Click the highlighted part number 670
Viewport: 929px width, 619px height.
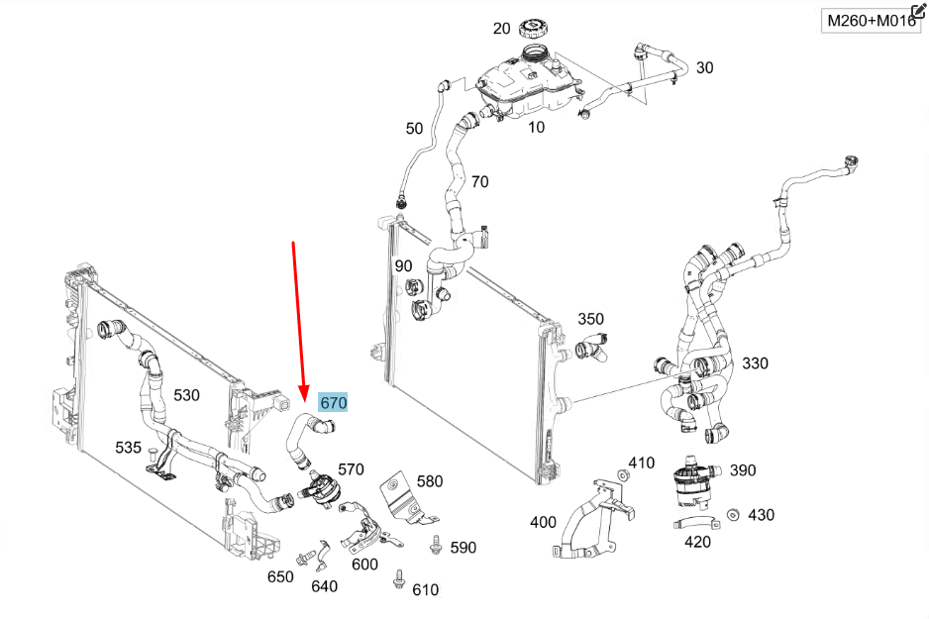tap(333, 403)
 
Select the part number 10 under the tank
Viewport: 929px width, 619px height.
tap(536, 128)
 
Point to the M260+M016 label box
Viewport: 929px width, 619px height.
tap(872, 21)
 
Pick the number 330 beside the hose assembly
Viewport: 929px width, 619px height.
tap(755, 363)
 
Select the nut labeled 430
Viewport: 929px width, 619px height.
tap(732, 515)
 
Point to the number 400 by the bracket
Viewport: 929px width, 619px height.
tap(544, 522)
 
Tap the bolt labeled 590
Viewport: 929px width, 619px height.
tap(435, 543)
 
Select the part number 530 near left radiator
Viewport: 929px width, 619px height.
tap(186, 395)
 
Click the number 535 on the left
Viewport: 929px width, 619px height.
tap(128, 447)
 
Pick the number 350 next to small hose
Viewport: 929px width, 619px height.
tap(590, 319)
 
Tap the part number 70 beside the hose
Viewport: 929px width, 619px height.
tap(479, 181)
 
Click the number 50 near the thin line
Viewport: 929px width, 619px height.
tap(414, 128)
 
